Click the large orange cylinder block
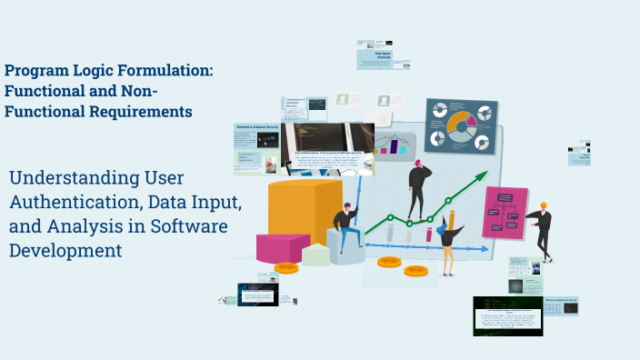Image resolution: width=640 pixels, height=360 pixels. pos(292,211)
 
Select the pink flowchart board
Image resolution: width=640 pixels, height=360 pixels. pos(504,212)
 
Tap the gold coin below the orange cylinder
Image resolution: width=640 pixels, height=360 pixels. pos(286,267)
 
